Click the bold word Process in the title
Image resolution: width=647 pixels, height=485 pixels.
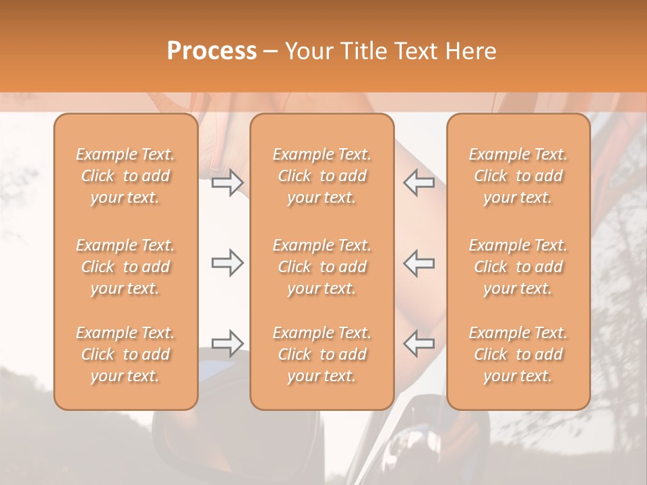(x=212, y=51)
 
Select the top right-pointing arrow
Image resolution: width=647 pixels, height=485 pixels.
(x=227, y=183)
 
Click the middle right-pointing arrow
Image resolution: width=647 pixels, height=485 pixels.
(x=227, y=263)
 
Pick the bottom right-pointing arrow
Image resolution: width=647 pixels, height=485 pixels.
(x=227, y=344)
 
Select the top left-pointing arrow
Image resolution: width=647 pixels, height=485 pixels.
(x=419, y=183)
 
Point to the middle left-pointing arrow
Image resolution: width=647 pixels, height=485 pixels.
(x=419, y=263)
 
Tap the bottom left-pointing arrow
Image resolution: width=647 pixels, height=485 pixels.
(x=419, y=344)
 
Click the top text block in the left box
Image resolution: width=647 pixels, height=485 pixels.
(x=125, y=176)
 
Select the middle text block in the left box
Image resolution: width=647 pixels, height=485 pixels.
(x=125, y=267)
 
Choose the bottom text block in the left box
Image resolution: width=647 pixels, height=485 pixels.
(x=125, y=354)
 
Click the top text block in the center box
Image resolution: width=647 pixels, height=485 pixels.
(x=321, y=176)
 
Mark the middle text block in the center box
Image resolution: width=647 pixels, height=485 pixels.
(x=321, y=267)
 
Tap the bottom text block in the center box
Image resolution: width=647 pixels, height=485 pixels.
(x=321, y=354)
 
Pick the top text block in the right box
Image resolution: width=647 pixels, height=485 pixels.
(x=518, y=176)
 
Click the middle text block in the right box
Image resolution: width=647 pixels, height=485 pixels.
(x=518, y=267)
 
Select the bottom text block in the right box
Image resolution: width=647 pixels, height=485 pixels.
(x=518, y=354)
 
